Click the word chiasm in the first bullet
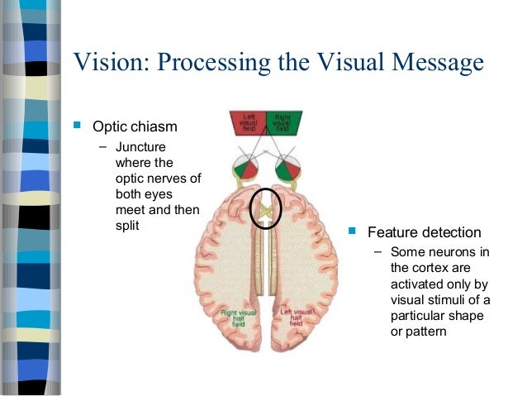[x=154, y=127]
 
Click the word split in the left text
[x=126, y=225]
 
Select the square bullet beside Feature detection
[x=353, y=231]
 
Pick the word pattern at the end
[x=427, y=332]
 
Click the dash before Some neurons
[x=378, y=251]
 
